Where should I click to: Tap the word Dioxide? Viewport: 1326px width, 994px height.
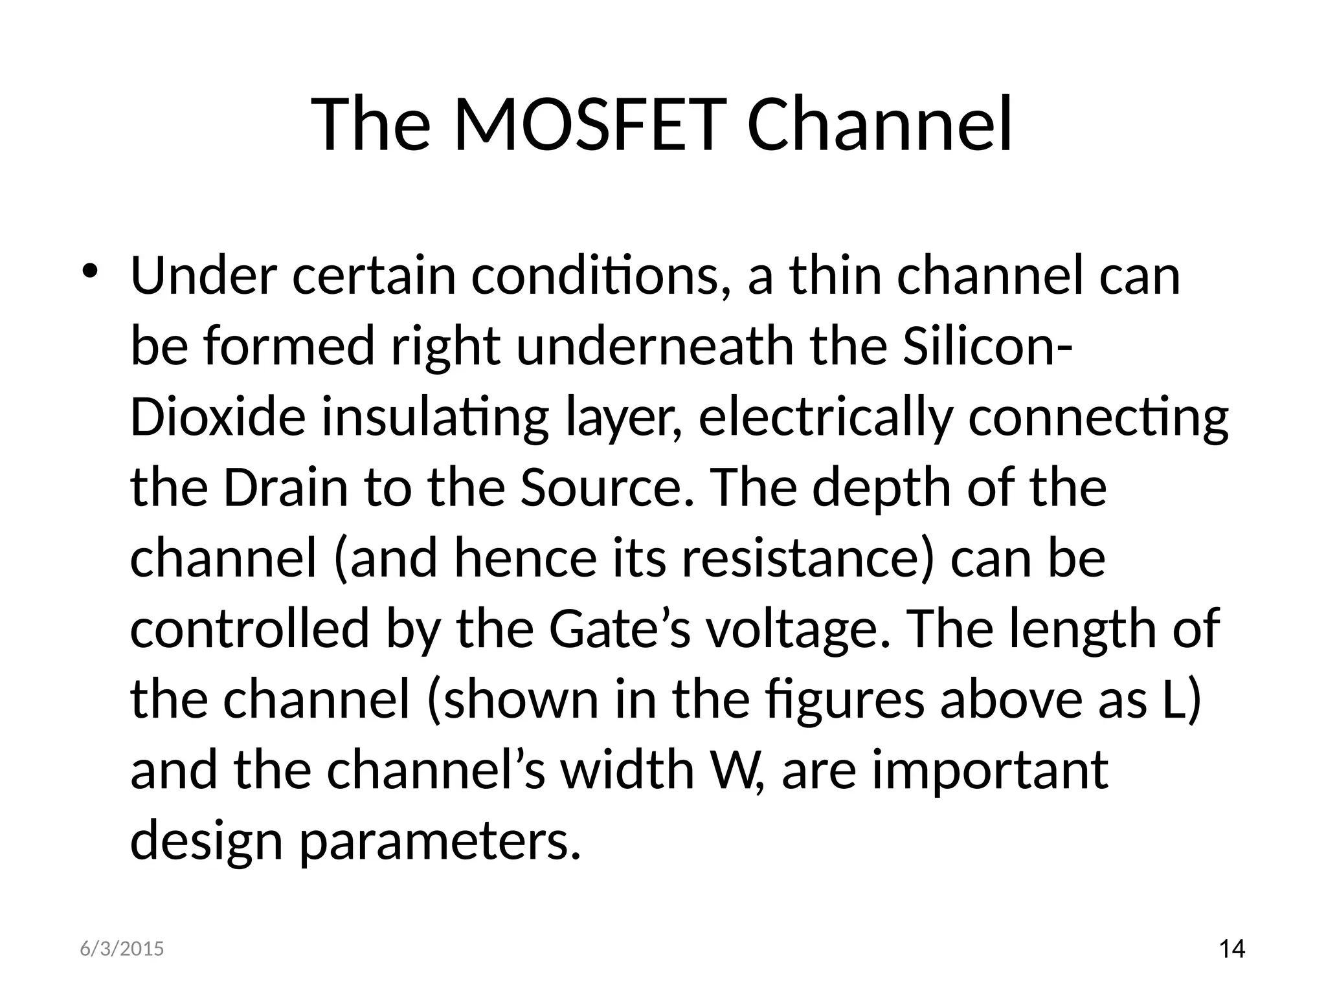pyautogui.click(x=218, y=417)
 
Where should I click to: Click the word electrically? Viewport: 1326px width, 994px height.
pyautogui.click(x=826, y=417)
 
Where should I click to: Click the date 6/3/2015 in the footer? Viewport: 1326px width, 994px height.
pyautogui.click(x=122, y=949)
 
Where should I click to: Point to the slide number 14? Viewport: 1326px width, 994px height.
pyautogui.click(x=1231, y=949)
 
